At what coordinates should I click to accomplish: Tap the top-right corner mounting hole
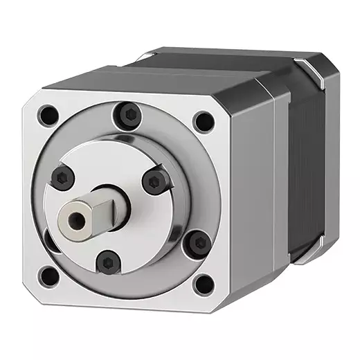click(203, 122)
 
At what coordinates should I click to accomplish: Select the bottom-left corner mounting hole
click(48, 277)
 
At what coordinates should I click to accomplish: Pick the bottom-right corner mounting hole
click(203, 283)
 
